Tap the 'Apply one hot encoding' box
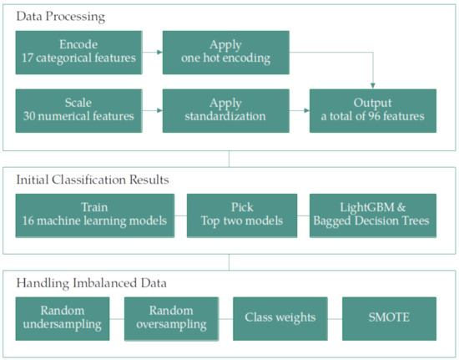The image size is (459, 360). [x=225, y=53]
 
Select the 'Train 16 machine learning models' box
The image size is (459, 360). [x=95, y=215]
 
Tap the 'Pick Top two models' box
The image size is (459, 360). [x=240, y=215]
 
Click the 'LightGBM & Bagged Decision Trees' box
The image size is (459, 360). [x=372, y=215]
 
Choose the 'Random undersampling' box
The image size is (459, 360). [x=63, y=318]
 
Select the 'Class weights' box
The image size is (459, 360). [x=280, y=318]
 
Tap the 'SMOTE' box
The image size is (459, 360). [x=389, y=318]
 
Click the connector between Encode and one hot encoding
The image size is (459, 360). [x=152, y=53]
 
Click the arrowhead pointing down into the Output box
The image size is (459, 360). [x=373, y=87]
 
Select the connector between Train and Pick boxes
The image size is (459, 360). [x=181, y=215]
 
